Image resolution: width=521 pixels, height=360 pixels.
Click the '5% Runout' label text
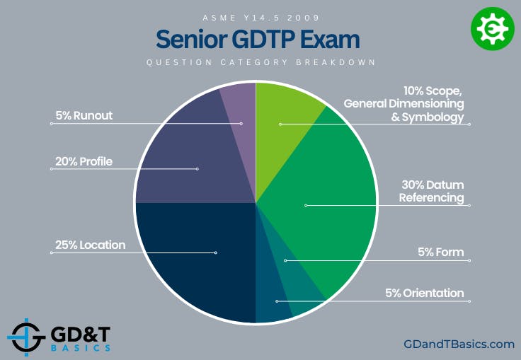click(84, 115)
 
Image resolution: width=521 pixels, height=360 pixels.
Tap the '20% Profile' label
click(84, 161)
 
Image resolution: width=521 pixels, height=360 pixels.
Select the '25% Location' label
click(90, 245)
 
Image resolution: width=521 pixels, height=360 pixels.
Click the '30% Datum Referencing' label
click(432, 192)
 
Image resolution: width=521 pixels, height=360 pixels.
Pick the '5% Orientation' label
click(425, 293)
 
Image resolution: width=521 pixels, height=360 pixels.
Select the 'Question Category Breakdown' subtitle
click(260, 62)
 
